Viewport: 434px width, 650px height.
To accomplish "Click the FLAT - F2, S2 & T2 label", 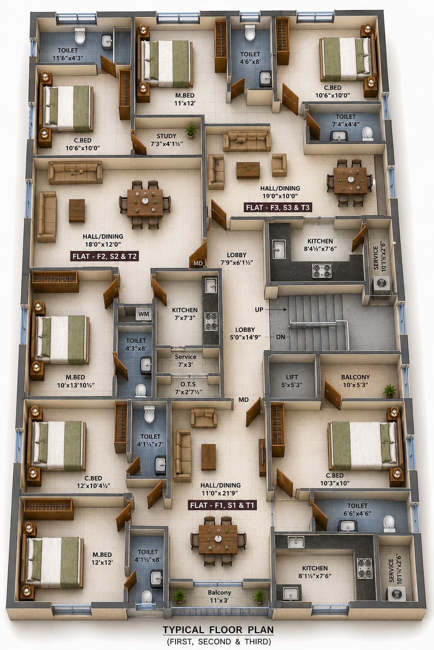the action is [x=105, y=256].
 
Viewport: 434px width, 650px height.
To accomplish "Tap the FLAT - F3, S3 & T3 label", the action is [x=278, y=207].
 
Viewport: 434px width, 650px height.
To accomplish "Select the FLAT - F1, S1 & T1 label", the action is [x=223, y=505].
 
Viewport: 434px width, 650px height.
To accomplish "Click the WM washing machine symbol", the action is [x=144, y=314].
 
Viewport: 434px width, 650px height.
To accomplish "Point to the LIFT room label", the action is [x=292, y=377].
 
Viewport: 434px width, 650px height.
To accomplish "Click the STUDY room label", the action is [x=166, y=136].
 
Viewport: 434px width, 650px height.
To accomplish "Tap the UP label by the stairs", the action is [x=259, y=310].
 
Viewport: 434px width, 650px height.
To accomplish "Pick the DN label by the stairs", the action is [x=281, y=337].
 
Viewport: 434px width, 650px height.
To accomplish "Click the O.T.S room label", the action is [x=188, y=384].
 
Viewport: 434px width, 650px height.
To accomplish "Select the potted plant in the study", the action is [x=190, y=130].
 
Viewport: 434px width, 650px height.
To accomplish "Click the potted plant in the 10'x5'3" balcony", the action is [x=389, y=391].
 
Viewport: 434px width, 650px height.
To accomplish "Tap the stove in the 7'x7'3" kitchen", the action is [x=211, y=321].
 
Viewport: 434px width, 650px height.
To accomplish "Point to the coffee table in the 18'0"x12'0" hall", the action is [x=77, y=211].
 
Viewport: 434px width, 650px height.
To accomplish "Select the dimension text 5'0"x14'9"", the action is [x=245, y=337].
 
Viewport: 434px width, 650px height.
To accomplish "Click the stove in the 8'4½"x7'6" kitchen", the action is [x=322, y=271].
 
